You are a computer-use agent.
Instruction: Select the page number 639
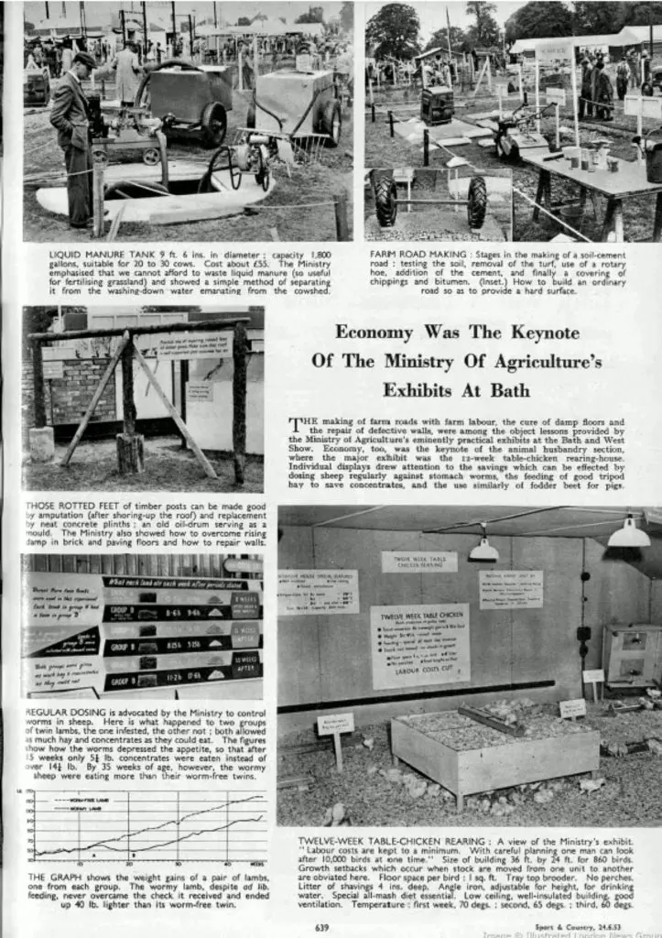coord(321,927)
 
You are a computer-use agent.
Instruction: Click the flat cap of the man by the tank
coord(83,60)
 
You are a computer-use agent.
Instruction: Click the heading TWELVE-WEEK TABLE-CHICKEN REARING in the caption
coord(384,839)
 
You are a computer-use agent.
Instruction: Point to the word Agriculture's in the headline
coord(539,361)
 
